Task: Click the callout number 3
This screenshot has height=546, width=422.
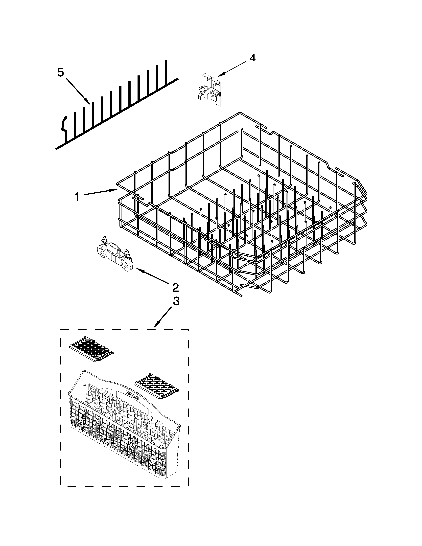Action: pos(176,301)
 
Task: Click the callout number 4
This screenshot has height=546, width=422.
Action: pos(253,58)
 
